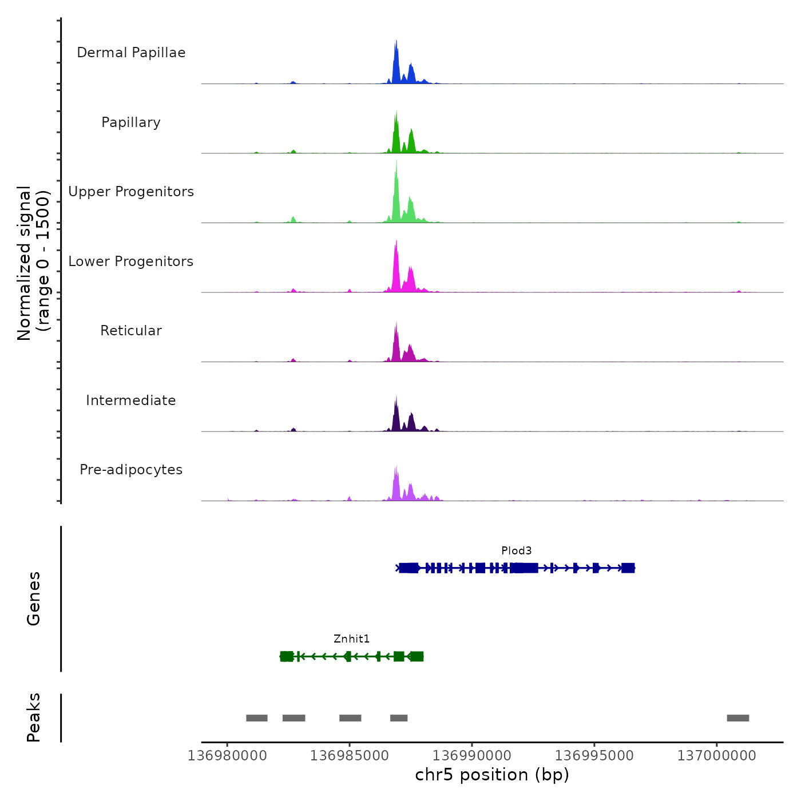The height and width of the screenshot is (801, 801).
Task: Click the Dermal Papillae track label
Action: pyautogui.click(x=131, y=53)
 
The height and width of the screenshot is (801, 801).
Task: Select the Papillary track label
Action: pyautogui.click(x=131, y=122)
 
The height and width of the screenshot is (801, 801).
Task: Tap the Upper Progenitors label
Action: pyautogui.click(x=131, y=192)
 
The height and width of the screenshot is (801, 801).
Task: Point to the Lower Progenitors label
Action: pyautogui.click(x=131, y=261)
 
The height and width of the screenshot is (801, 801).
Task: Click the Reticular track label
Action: pyautogui.click(x=131, y=331)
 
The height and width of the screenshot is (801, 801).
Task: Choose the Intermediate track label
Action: pyautogui.click(x=131, y=400)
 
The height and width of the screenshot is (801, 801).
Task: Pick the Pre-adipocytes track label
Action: pyautogui.click(x=131, y=470)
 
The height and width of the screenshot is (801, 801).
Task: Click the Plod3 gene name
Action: pyautogui.click(x=516, y=551)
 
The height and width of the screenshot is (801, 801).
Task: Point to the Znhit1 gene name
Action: pyautogui.click(x=351, y=639)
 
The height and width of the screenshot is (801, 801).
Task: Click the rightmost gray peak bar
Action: pyautogui.click(x=737, y=718)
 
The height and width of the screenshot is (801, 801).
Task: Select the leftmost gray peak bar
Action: pyautogui.click(x=257, y=718)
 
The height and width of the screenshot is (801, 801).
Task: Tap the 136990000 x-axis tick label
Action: pyautogui.click(x=472, y=756)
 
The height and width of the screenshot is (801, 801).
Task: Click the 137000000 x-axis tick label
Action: pyautogui.click(x=716, y=756)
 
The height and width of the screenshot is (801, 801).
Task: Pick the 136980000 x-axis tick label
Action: pyautogui.click(x=227, y=756)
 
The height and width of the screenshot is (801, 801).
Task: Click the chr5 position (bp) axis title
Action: pyautogui.click(x=492, y=775)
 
